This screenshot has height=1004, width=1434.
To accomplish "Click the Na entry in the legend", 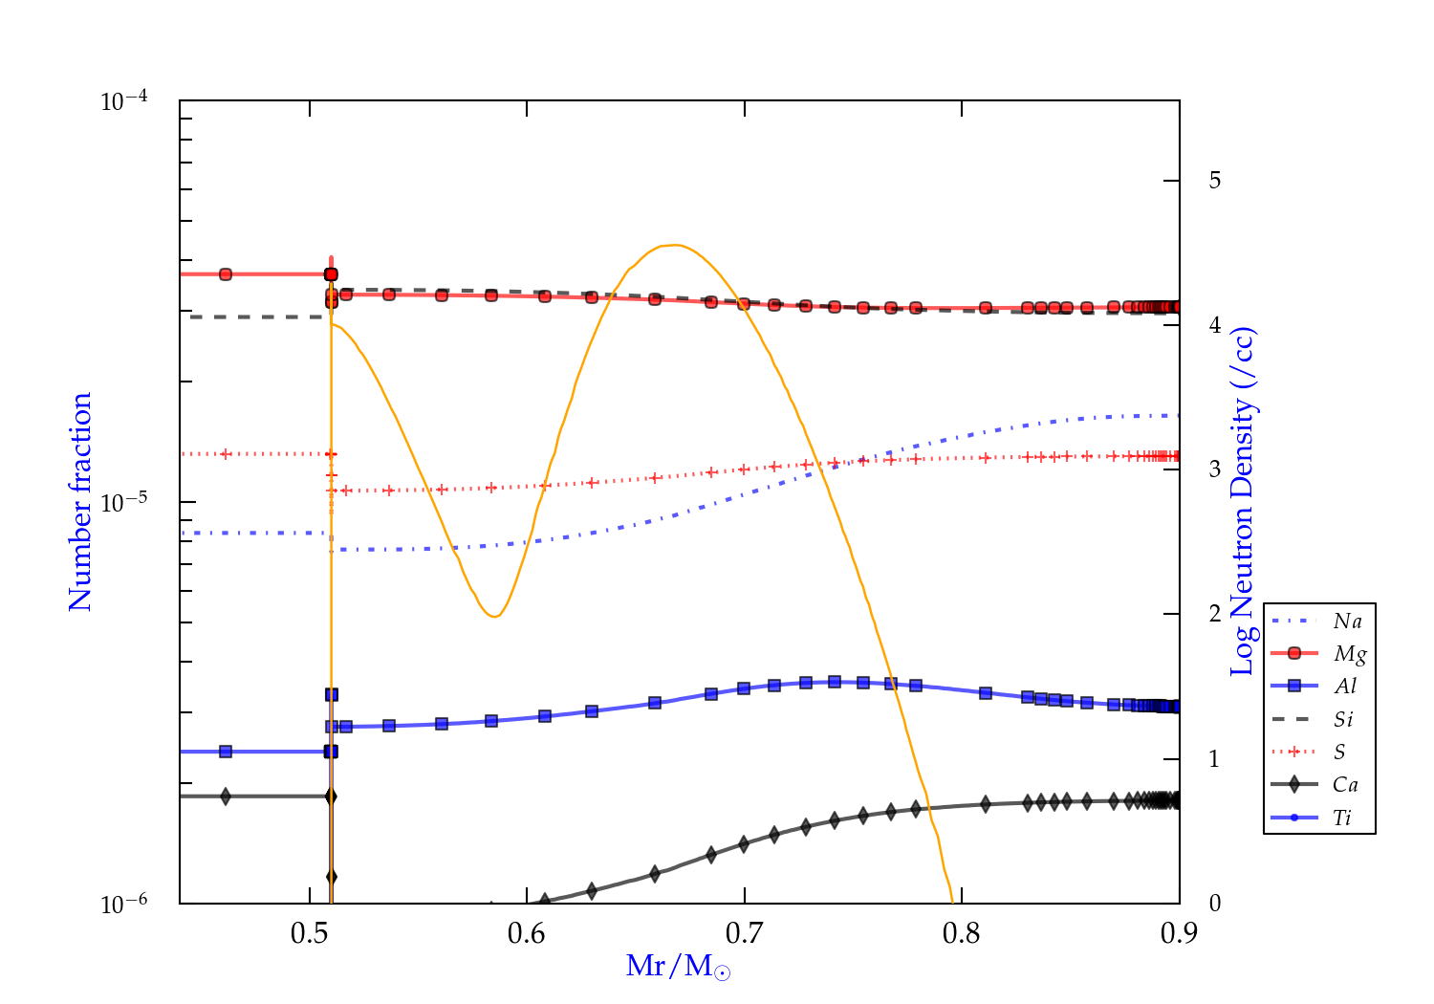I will point(1347,622).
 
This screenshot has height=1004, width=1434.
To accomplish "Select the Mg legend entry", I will point(1349,654).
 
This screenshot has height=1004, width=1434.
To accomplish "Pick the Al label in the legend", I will point(1345,687).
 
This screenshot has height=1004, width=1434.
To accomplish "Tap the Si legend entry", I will point(1343,719).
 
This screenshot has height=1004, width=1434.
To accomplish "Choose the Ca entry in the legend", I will point(1345,785).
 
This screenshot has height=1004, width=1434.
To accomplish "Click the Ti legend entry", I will point(1342,818).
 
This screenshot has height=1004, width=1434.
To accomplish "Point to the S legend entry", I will point(1339,753).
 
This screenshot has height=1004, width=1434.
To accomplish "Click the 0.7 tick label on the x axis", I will point(744,933).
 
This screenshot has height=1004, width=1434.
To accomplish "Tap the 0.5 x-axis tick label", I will point(310,933).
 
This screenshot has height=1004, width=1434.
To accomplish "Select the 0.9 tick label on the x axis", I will point(1179,933).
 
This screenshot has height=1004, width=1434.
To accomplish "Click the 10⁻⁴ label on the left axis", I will point(123,101).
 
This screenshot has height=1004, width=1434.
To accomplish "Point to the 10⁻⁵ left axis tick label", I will point(123,503).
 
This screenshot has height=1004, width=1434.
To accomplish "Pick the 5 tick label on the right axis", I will point(1214,181).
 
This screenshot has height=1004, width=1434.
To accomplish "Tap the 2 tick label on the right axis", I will point(1214,614).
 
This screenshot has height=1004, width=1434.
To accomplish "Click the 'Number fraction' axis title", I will point(80,502).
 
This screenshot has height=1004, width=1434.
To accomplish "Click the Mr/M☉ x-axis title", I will point(679,967).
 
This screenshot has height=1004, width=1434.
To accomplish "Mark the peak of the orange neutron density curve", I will point(675,245).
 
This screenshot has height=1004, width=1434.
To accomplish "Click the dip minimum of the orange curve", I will point(494,616).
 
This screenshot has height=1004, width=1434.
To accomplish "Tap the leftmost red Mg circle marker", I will point(226,274).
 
